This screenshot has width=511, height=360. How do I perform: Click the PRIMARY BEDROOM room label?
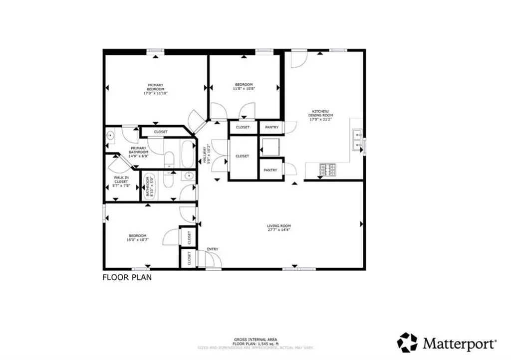point(155,87)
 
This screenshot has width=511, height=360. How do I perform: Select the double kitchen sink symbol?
point(357,140)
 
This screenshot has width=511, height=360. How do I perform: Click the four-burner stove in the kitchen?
point(327,171)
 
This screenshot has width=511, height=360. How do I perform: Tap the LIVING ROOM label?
point(278,226)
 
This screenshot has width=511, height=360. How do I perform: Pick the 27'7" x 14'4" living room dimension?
point(278,230)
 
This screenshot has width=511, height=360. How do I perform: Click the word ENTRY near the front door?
point(212,249)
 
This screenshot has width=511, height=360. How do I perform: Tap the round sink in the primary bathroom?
point(111,135)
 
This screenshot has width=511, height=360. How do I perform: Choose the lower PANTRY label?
point(270,170)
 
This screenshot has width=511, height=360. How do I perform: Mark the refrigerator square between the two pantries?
point(271,147)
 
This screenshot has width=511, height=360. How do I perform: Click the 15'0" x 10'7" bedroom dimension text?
point(137,240)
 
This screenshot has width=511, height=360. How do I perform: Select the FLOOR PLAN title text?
point(127,277)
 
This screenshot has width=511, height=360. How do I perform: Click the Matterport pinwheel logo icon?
point(407,343)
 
